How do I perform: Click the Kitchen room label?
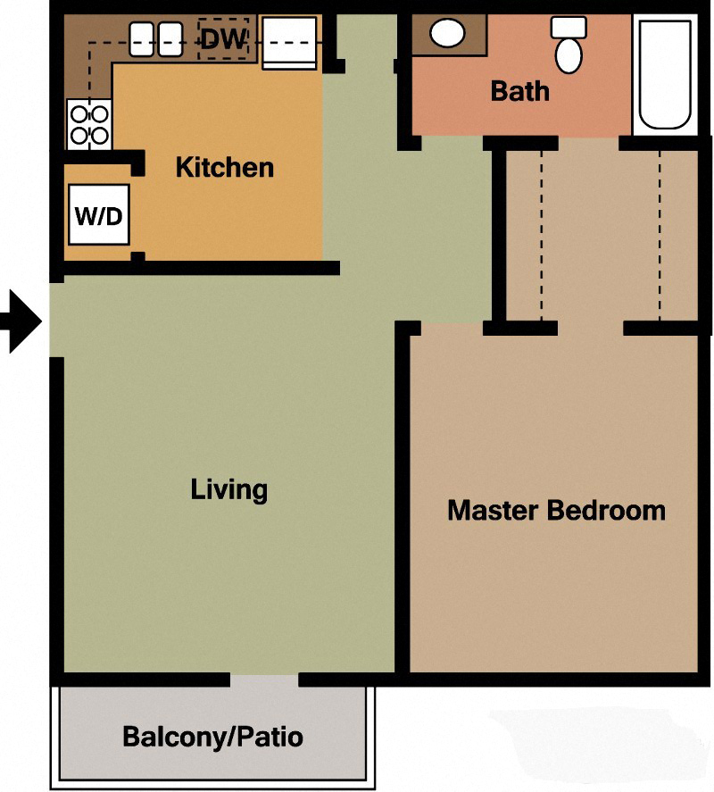224,167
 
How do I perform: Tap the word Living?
229,489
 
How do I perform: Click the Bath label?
519,91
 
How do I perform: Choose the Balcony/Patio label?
212,738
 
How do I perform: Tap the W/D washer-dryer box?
98,214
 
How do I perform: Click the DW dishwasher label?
223,38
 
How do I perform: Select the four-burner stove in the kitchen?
88,124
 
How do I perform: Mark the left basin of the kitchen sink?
145,39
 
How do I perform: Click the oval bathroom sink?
447,34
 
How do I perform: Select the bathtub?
665,73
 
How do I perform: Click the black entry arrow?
22,321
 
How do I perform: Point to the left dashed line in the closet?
541,234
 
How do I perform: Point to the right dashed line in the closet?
660,234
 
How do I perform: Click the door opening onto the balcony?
264,680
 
